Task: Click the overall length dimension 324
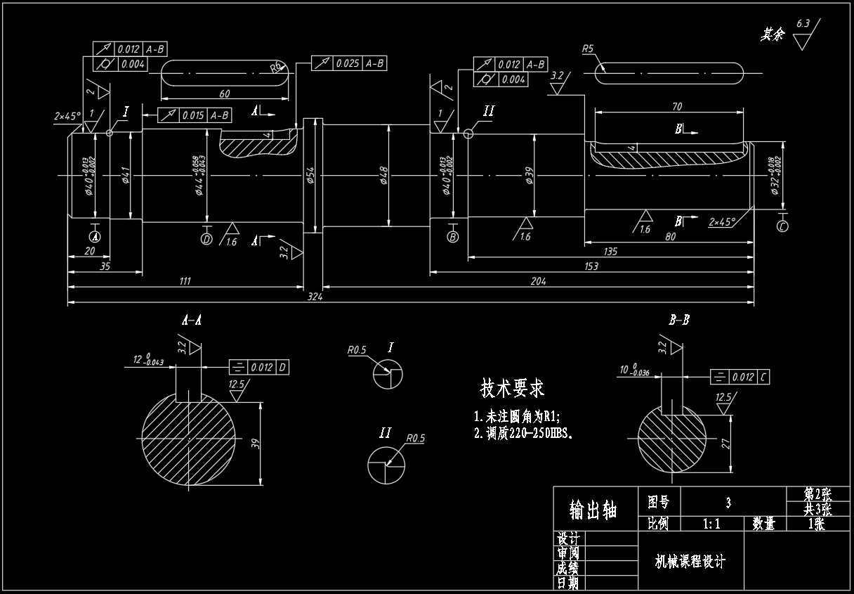click(315, 297)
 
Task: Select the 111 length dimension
click(185, 281)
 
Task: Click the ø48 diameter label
click(385, 175)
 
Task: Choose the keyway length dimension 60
click(225, 93)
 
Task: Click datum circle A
click(96, 236)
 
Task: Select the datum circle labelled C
click(783, 226)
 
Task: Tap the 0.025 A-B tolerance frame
click(348, 63)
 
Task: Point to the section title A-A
click(192, 321)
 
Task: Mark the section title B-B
click(678, 321)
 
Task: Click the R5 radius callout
click(589, 49)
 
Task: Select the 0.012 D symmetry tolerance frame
click(259, 367)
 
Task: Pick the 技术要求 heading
click(512, 388)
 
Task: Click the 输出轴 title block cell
click(593, 509)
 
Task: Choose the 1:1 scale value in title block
click(712, 523)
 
